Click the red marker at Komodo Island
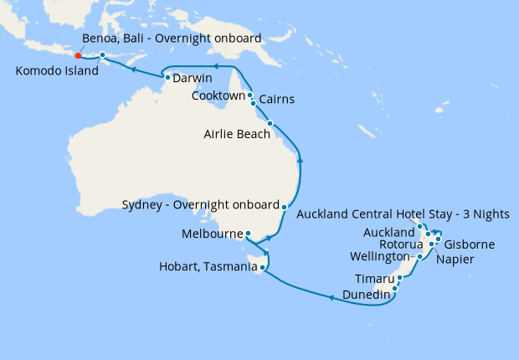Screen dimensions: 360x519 click(x=78, y=56)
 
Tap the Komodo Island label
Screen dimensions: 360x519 click(x=55, y=71)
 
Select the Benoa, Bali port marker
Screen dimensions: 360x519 click(x=102, y=55)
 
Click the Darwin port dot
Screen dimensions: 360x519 click(x=167, y=78)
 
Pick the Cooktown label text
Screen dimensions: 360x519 click(x=218, y=96)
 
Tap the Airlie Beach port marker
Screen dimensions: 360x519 click(x=270, y=124)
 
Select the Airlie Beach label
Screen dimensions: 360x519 click(x=234, y=132)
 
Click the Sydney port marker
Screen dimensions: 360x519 click(x=285, y=206)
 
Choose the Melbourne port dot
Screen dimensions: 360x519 click(x=249, y=234)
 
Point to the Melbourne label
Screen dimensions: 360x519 click(x=212, y=234)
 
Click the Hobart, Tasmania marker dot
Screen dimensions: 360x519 click(x=262, y=268)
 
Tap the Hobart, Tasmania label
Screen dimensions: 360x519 click(x=207, y=268)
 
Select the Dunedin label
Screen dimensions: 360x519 click(x=366, y=295)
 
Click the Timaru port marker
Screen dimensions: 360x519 click(x=399, y=277)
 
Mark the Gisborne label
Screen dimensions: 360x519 click(x=470, y=244)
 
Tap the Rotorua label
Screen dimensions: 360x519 click(x=402, y=244)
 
